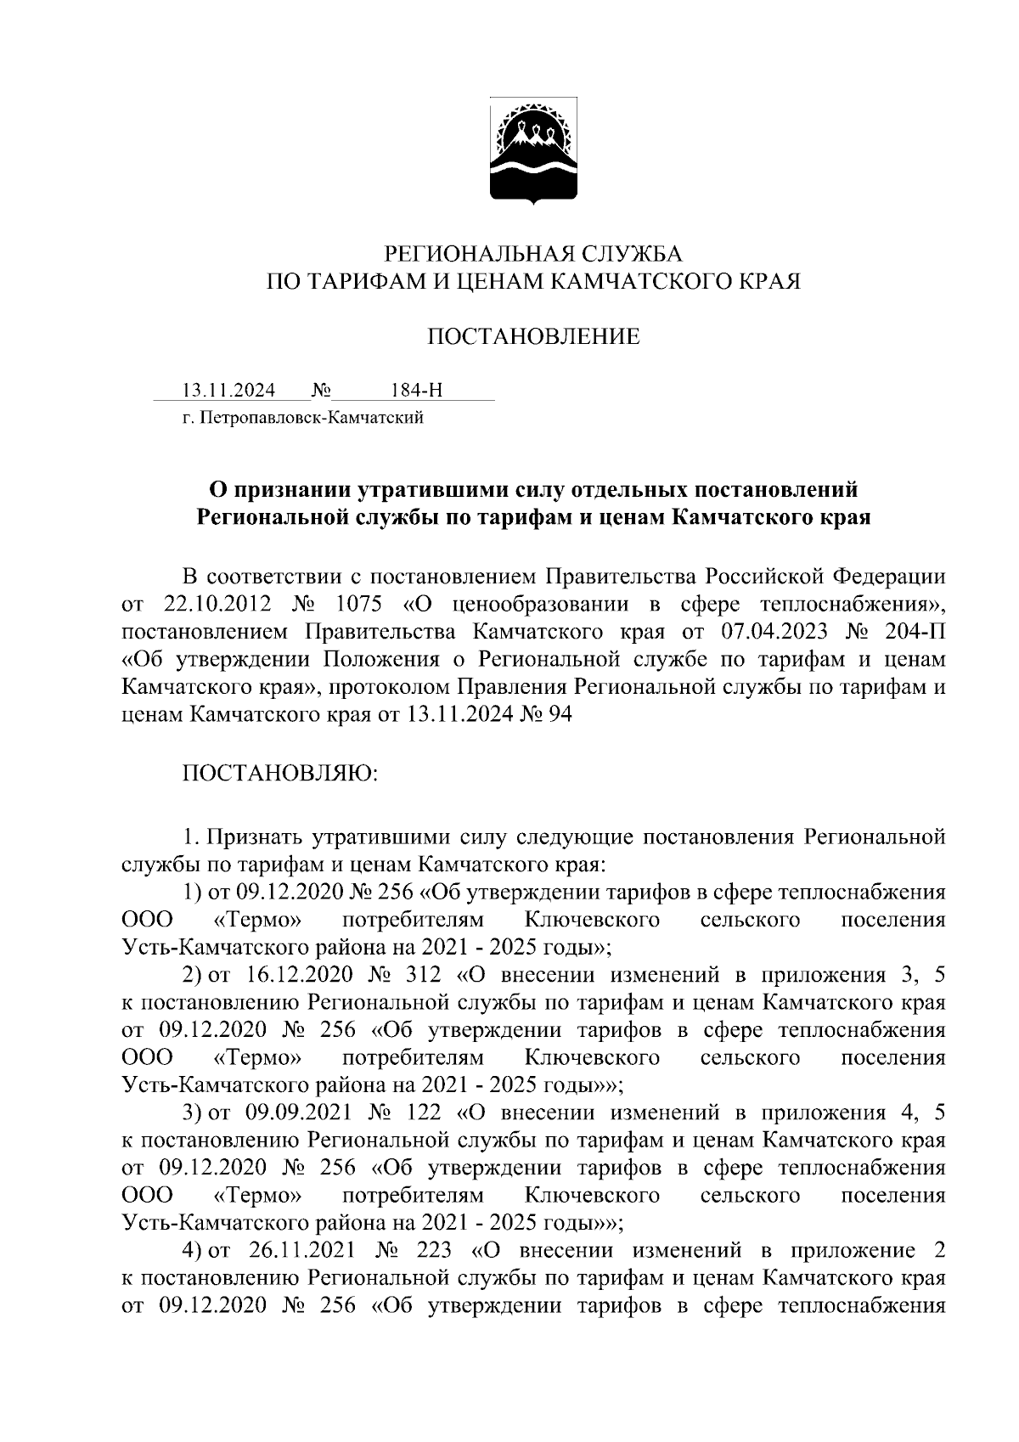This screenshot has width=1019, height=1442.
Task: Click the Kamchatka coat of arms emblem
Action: [533, 153]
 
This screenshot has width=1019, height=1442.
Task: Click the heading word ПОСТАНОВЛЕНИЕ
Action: [532, 337]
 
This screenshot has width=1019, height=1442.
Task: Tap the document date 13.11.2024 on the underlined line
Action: [229, 391]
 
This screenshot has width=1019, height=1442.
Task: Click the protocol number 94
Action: [560, 715]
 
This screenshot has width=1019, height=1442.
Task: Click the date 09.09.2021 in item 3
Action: [296, 1112]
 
